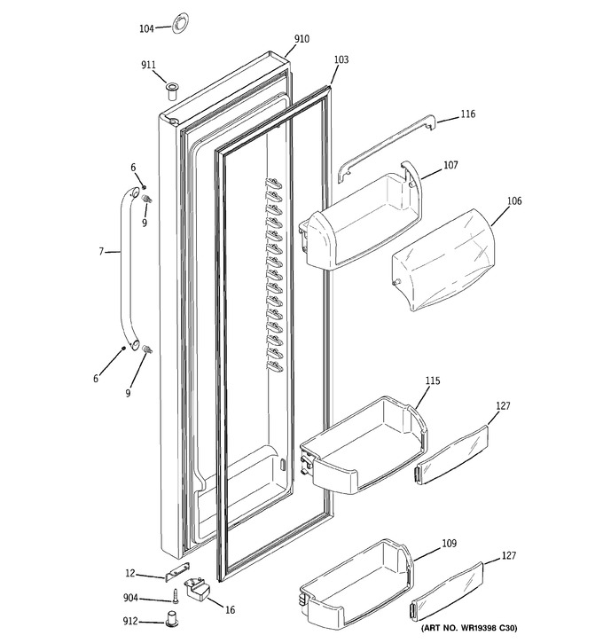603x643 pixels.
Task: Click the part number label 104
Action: (x=146, y=28)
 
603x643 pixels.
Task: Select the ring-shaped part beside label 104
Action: (x=179, y=23)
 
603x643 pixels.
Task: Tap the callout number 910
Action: (x=301, y=39)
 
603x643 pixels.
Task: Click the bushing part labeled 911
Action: (x=172, y=91)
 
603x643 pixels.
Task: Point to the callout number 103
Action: (x=341, y=60)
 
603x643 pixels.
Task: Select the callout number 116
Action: (x=467, y=114)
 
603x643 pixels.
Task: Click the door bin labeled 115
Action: (x=364, y=445)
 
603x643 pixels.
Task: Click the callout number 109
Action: (x=449, y=544)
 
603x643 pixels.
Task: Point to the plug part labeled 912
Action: (x=170, y=618)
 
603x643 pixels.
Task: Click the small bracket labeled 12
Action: (x=177, y=571)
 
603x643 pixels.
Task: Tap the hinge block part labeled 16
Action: (x=197, y=589)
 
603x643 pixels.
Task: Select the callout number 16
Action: (x=231, y=610)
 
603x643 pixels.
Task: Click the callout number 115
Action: (x=433, y=381)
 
